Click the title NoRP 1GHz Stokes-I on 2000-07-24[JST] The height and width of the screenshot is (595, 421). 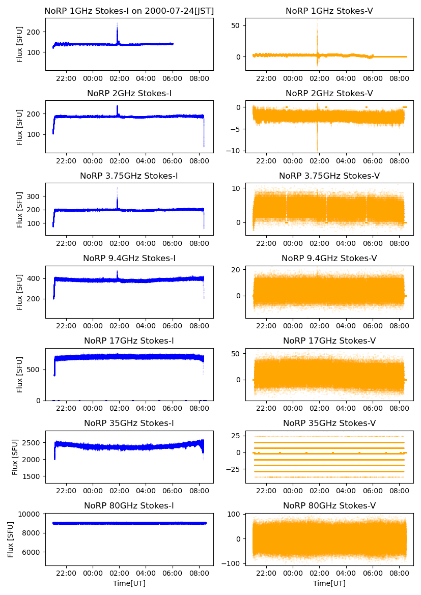pyautogui.click(x=129, y=11)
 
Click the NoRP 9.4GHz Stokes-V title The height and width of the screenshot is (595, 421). pyautogui.click(x=329, y=258)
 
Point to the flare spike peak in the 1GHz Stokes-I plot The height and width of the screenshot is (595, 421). pyautogui.click(x=117, y=23)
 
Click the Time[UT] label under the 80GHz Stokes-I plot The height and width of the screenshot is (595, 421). pyautogui.click(x=129, y=583)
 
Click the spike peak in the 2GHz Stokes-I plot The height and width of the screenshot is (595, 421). pyautogui.click(x=117, y=106)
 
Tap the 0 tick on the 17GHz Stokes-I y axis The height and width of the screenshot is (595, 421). pyautogui.click(x=40, y=401)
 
